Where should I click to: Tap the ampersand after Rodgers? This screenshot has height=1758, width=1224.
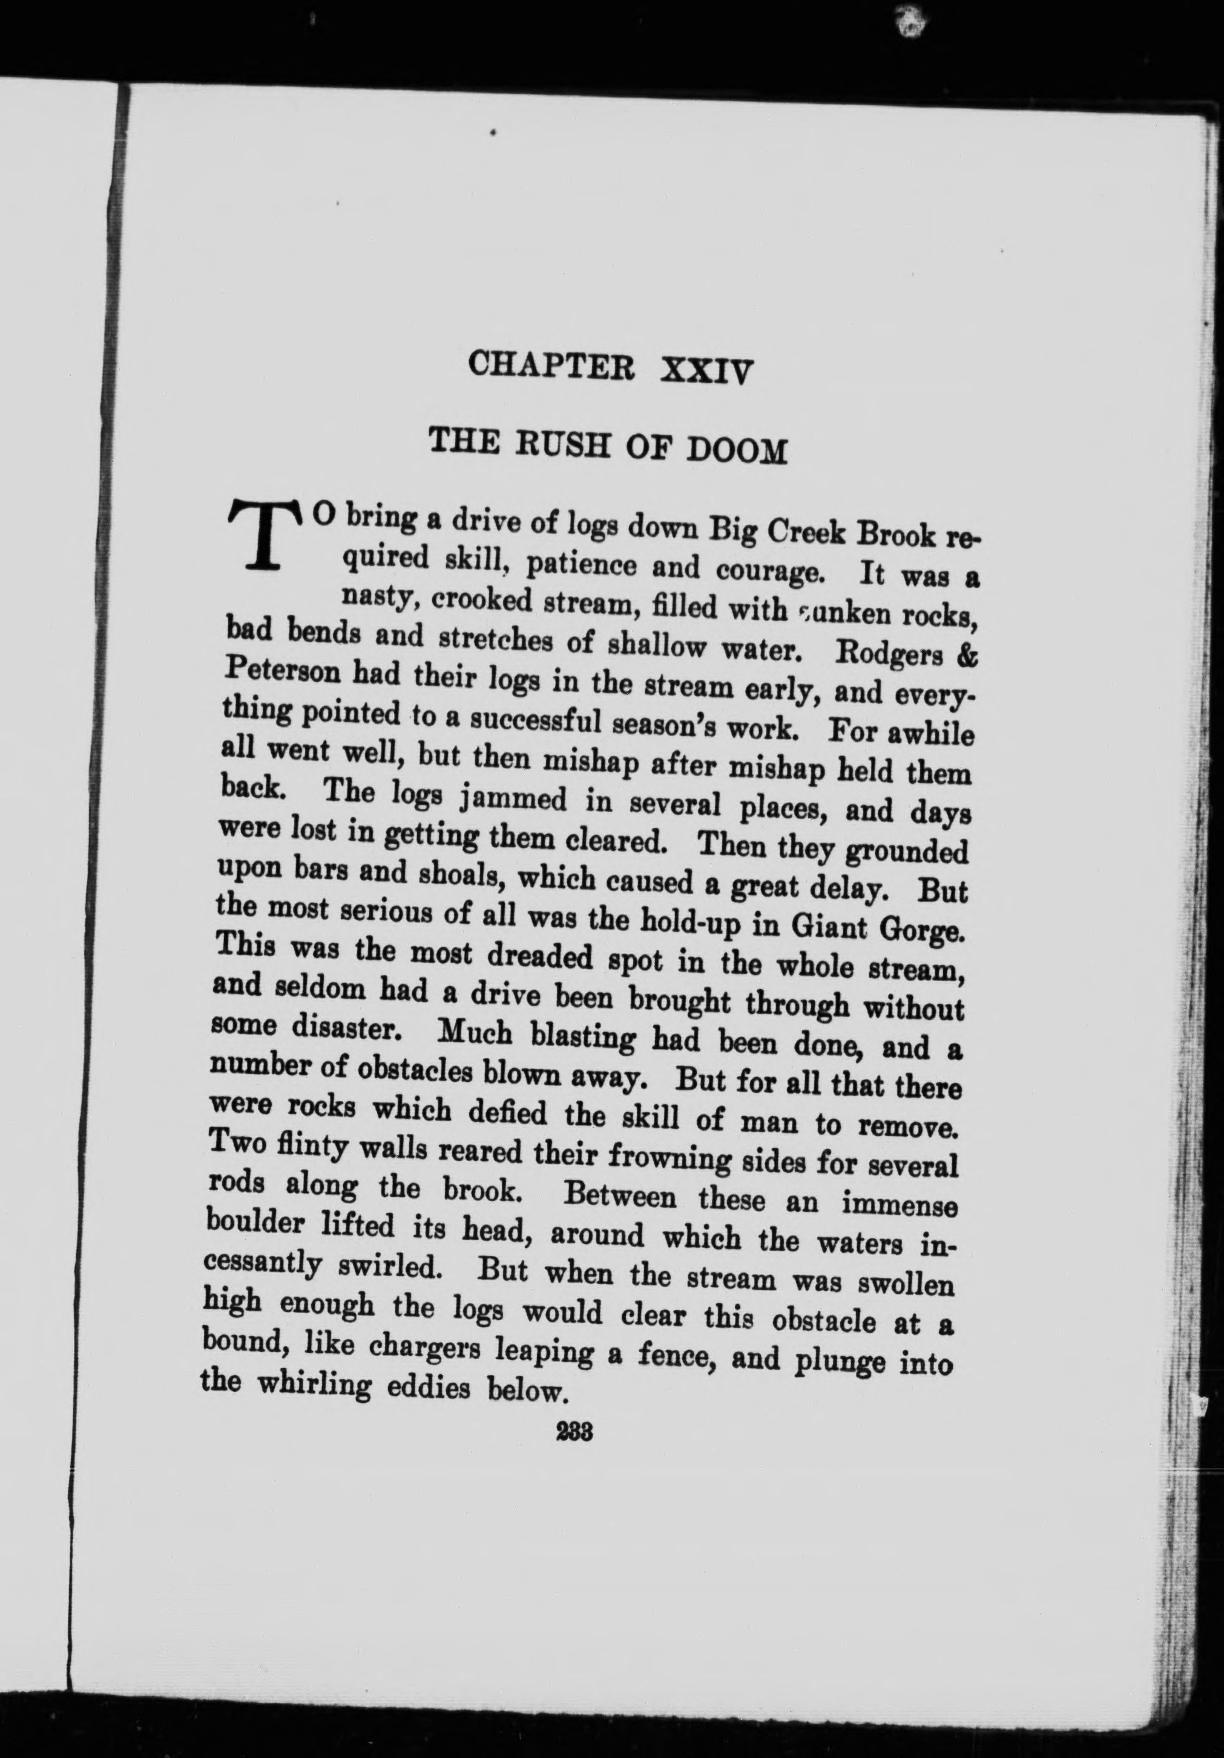(x=966, y=659)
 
